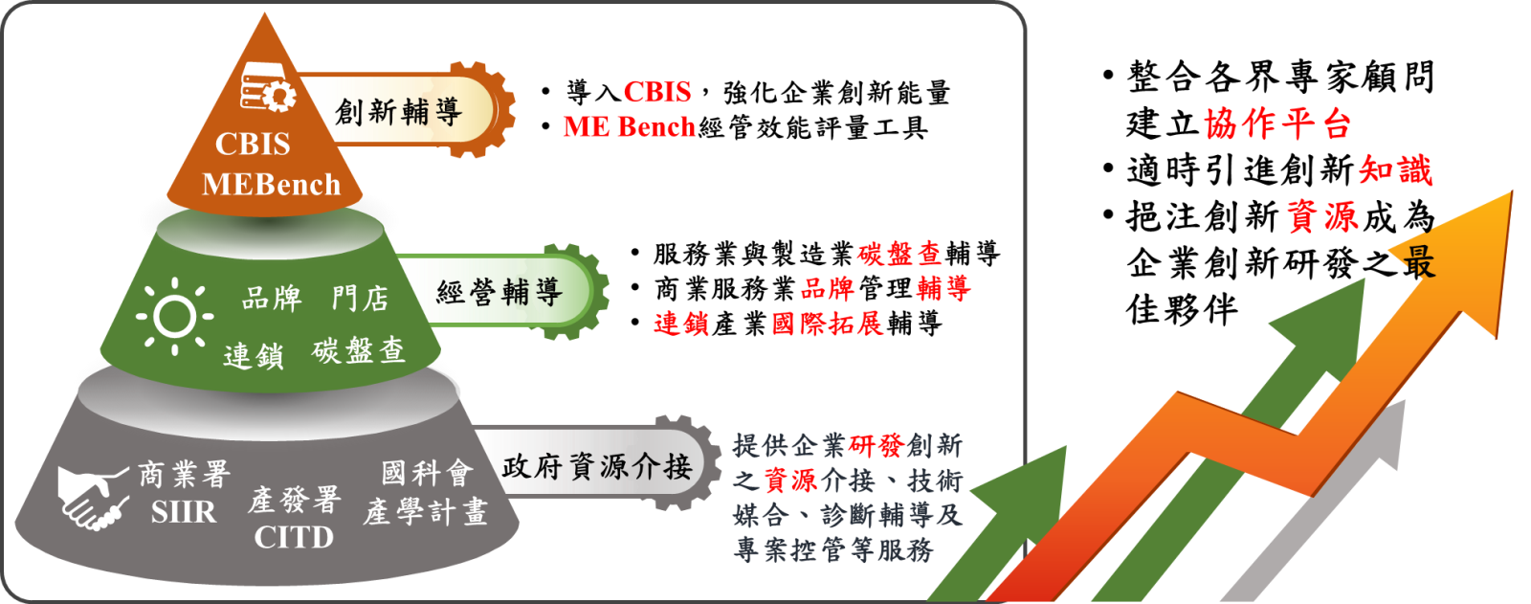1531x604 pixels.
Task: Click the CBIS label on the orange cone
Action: click(x=253, y=145)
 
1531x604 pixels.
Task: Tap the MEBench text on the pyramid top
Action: click(x=272, y=185)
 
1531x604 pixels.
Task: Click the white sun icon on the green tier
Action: click(x=175, y=316)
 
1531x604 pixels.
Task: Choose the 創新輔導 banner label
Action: click(x=398, y=111)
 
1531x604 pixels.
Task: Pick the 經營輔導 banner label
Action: click(x=499, y=292)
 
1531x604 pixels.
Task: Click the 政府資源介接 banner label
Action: click(x=597, y=467)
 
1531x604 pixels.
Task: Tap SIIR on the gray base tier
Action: click(x=184, y=512)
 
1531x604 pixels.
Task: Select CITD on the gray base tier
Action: click(x=294, y=538)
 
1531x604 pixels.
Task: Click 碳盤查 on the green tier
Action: click(x=359, y=351)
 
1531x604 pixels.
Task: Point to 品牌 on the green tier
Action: click(x=272, y=299)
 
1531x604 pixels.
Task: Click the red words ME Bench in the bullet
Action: click(x=629, y=127)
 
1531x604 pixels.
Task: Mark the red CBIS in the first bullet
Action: click(x=656, y=92)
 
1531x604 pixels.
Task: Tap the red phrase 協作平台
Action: click(x=1276, y=123)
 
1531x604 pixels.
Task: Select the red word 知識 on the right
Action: click(x=1395, y=170)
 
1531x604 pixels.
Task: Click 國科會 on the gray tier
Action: click(x=427, y=474)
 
